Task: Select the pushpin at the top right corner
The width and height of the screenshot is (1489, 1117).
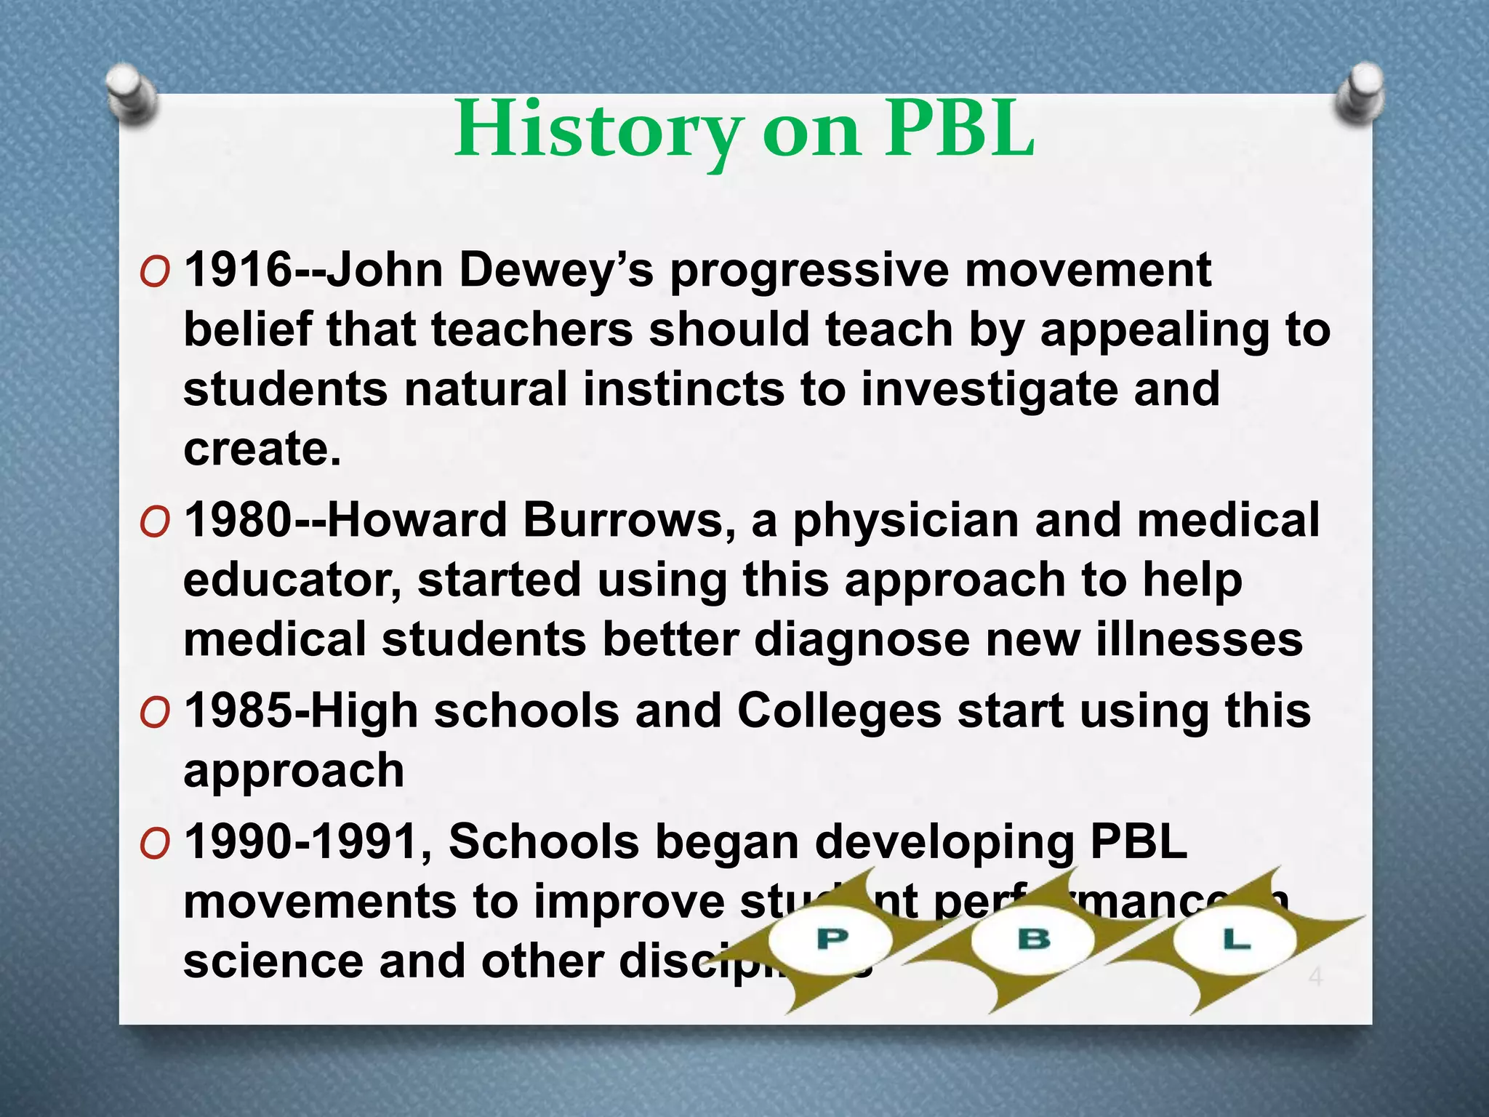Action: pyautogui.click(x=1360, y=93)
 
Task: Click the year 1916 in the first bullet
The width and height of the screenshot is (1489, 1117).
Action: pyautogui.click(x=238, y=270)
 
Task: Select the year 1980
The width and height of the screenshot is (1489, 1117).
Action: pyautogui.click(x=238, y=521)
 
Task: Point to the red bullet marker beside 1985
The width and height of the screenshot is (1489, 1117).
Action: pyautogui.click(x=155, y=714)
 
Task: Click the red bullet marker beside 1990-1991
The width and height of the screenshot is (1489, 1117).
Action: pyautogui.click(x=155, y=845)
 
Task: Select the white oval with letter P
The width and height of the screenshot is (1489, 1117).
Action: pyautogui.click(x=831, y=940)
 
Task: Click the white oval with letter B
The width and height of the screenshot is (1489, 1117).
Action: pyautogui.click(x=1033, y=940)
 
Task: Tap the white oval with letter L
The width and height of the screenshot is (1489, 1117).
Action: pyautogui.click(x=1235, y=940)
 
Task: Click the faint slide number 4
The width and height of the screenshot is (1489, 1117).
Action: pyautogui.click(x=1315, y=977)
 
